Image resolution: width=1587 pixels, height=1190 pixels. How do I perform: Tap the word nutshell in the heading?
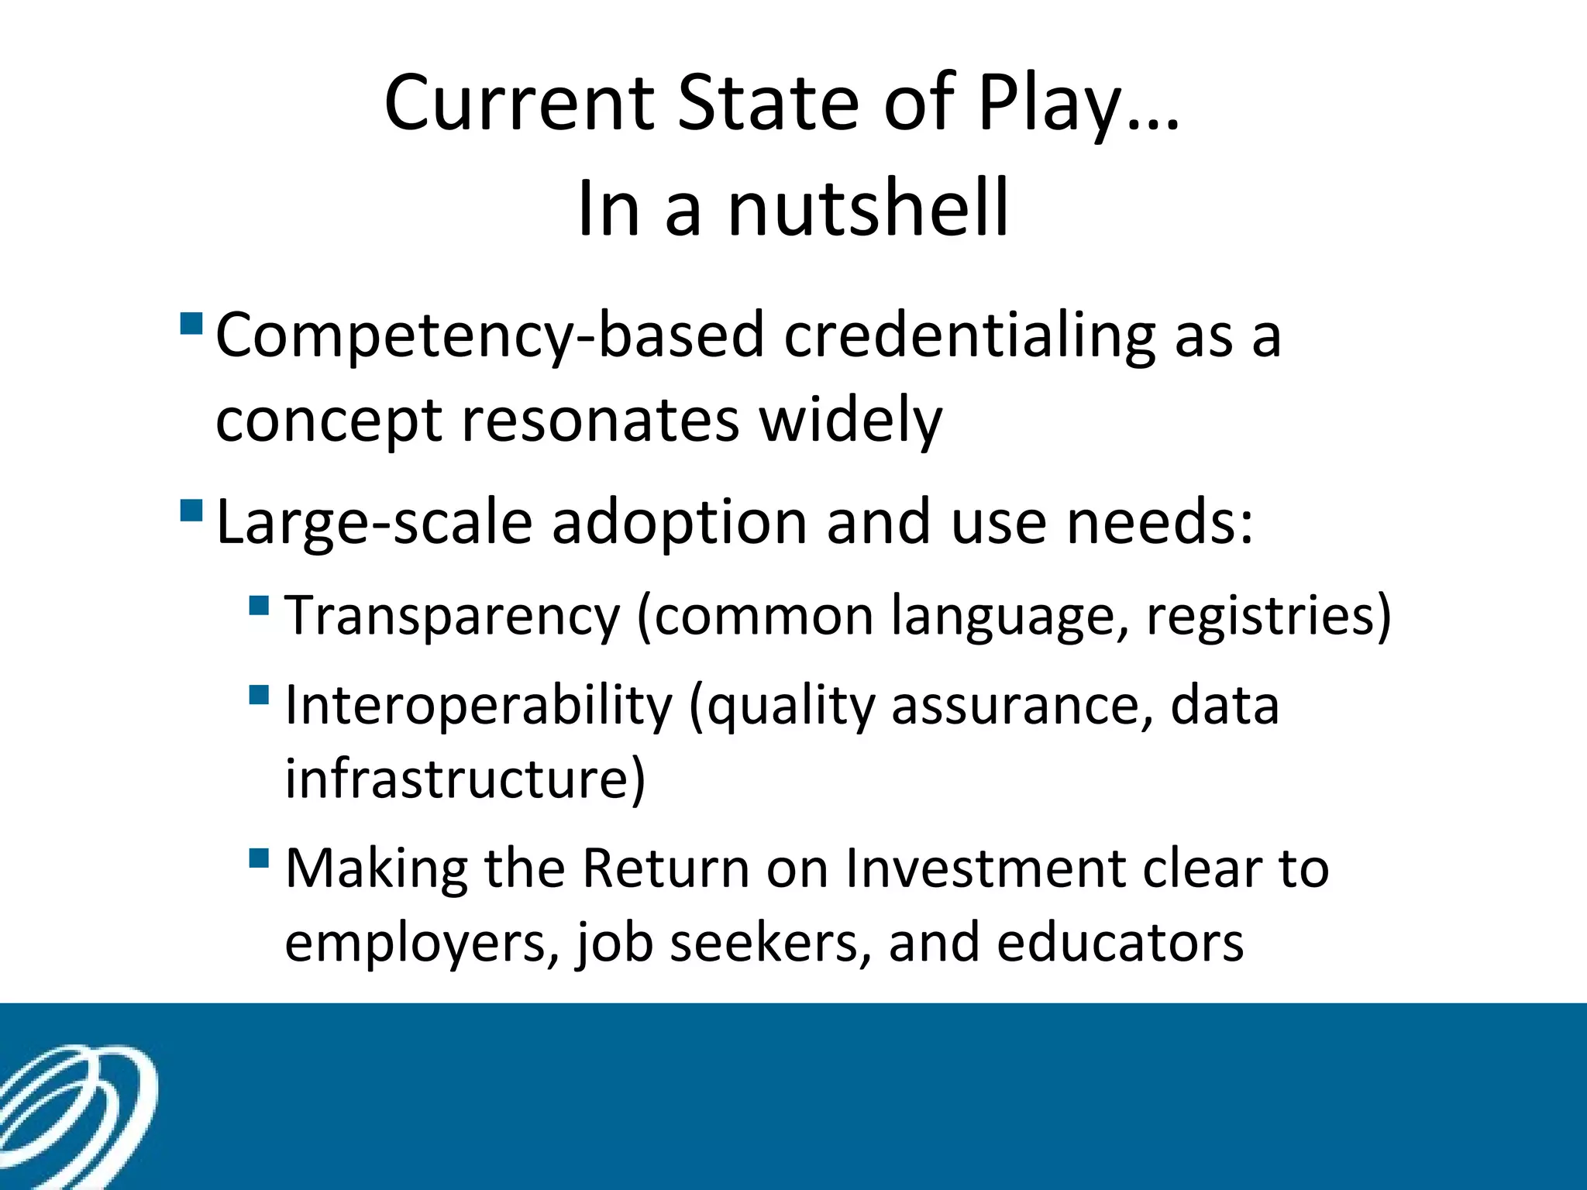click(868, 208)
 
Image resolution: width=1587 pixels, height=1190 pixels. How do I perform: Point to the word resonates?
click(600, 420)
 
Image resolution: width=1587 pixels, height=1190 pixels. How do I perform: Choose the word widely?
click(850, 421)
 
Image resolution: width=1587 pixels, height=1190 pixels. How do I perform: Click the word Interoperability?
click(478, 707)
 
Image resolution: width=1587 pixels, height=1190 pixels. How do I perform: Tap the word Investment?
click(985, 868)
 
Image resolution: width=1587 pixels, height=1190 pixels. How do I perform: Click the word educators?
click(1120, 942)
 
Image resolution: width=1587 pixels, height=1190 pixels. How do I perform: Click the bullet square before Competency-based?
click(191, 322)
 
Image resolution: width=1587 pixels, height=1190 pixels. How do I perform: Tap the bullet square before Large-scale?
click(191, 510)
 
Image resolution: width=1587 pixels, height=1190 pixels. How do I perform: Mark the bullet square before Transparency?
click(259, 604)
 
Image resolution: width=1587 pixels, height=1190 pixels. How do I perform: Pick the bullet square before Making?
click(259, 858)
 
